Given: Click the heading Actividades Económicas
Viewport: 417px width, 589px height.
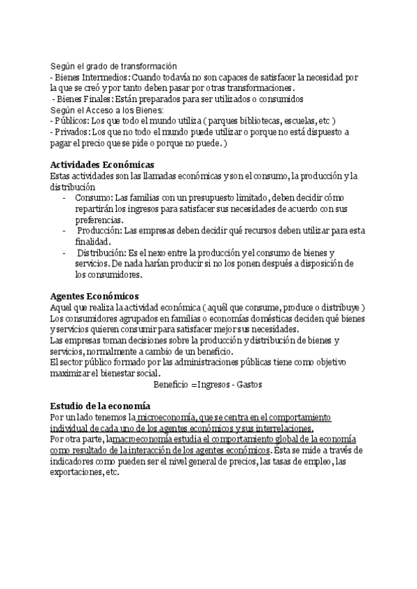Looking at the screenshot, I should [x=104, y=165].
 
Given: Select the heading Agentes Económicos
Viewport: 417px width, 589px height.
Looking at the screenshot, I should [x=95, y=296].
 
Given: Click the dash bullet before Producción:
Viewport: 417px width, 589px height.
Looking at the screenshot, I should [x=64, y=231].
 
